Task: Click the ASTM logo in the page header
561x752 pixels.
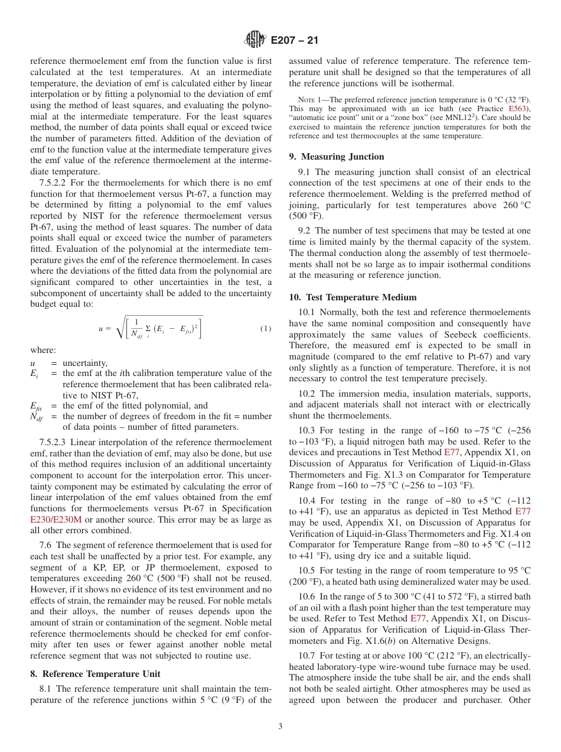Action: [x=255, y=40]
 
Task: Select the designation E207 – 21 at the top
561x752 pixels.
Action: [x=293, y=40]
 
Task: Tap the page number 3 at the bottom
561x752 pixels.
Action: [x=280, y=727]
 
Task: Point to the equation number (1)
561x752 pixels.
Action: [x=265, y=329]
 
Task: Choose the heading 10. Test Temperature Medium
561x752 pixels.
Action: [x=353, y=297]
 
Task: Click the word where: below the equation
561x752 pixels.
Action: [x=43, y=350]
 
